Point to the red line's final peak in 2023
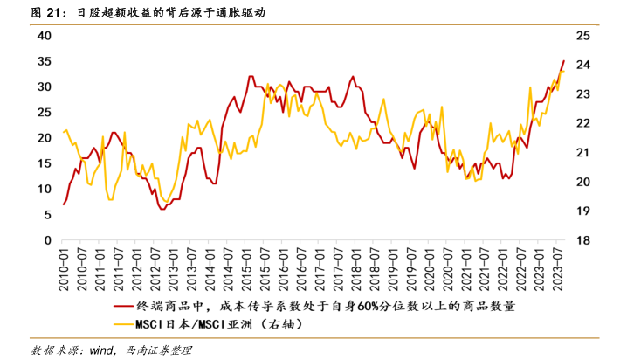(563, 61)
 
